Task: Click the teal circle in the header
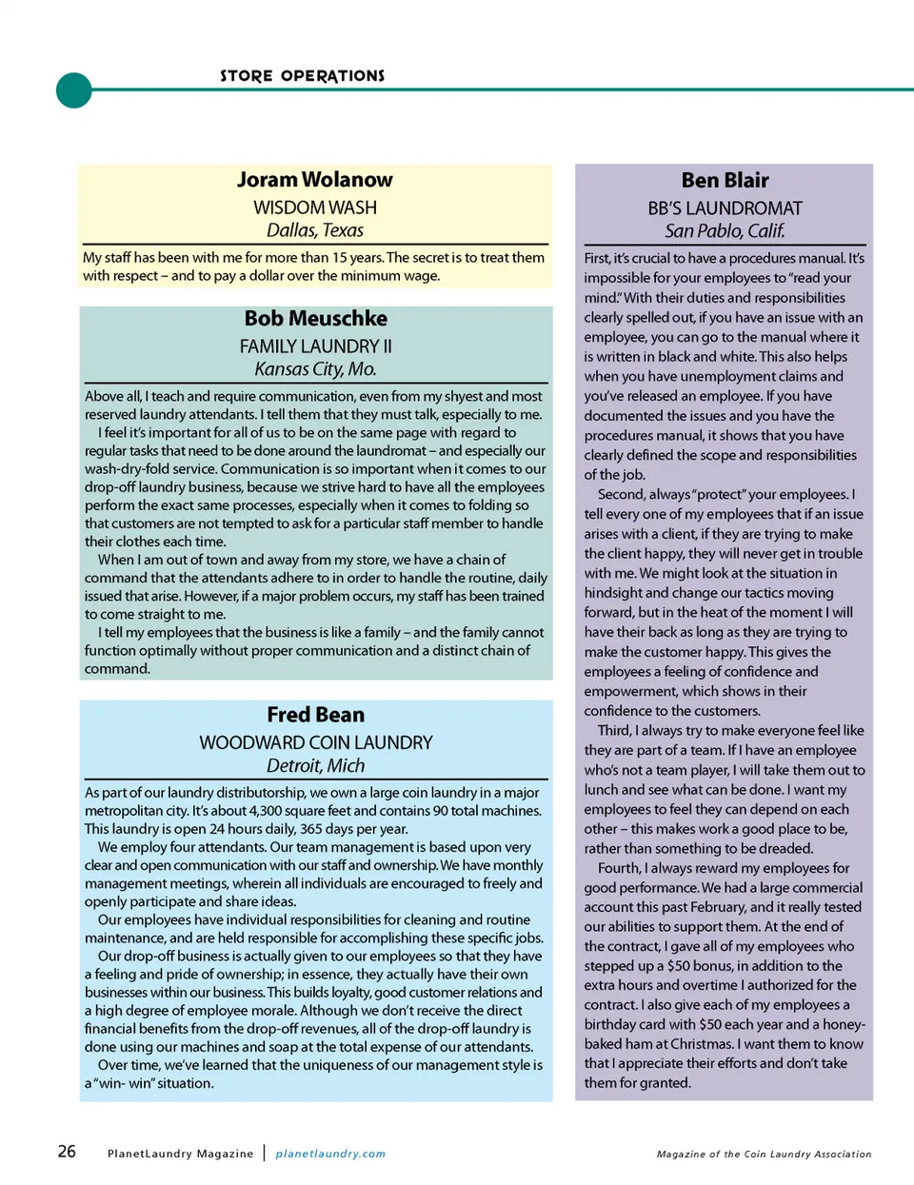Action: pos(74,90)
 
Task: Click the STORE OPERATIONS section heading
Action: pos(302,76)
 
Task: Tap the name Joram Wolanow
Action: pos(314,180)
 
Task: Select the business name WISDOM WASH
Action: pos(315,207)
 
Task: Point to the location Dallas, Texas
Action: pos(315,230)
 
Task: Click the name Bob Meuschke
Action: pos(315,319)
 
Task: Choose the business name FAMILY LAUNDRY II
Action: pos(315,346)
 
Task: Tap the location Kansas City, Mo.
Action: pos(315,369)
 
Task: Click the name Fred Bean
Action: pos(315,715)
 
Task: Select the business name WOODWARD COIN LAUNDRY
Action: pos(315,742)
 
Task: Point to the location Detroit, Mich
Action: pos(315,766)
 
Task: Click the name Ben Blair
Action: pos(725,181)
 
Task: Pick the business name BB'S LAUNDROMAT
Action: pos(725,208)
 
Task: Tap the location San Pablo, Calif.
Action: pos(725,231)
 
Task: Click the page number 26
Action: pos(67,1152)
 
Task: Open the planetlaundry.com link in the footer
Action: pos(330,1154)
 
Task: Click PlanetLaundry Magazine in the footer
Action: pos(180,1154)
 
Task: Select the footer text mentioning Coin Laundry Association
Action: pos(764,1155)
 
